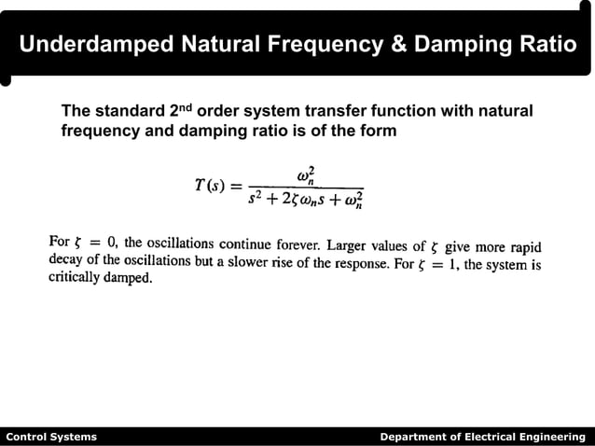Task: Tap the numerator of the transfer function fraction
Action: [x=306, y=174]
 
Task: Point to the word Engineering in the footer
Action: [x=555, y=437]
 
